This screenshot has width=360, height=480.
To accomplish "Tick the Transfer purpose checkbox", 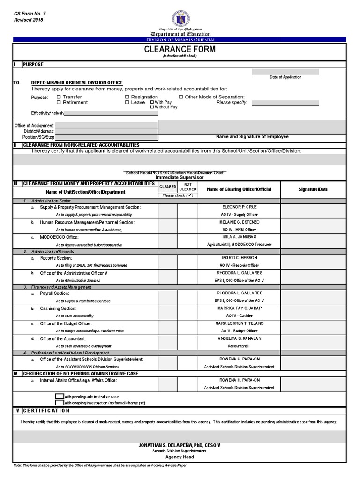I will (x=59, y=97).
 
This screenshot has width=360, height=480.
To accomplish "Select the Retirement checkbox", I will (x=59, y=102).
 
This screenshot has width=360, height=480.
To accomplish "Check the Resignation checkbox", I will (x=127, y=97).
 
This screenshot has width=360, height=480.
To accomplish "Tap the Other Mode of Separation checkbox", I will (x=181, y=97).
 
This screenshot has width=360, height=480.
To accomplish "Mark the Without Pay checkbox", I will (x=152, y=107).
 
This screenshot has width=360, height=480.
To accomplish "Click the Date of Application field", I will (x=285, y=72).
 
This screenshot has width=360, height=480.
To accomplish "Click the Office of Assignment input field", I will (x=106, y=125).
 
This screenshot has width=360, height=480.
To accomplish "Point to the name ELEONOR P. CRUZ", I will (x=239, y=207).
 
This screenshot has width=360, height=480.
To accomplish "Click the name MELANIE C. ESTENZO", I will (x=239, y=222).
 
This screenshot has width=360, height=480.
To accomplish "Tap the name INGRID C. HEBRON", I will (x=239, y=258).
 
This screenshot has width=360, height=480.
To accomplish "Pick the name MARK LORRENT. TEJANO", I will (x=239, y=323).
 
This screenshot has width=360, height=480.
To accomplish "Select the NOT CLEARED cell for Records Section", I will (x=187, y=261).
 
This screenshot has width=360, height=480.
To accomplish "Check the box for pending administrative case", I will (x=59, y=396).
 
